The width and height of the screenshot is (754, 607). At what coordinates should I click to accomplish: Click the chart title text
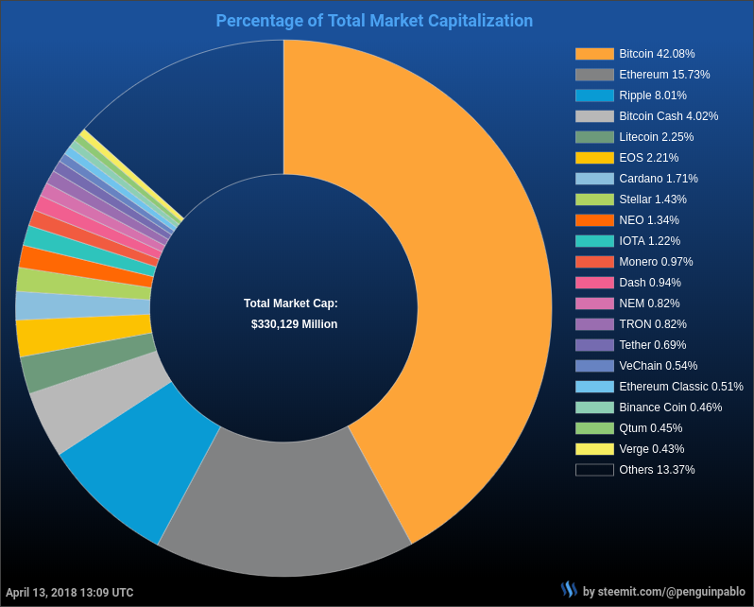pos(374,21)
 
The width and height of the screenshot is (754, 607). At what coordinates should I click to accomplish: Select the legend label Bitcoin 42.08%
pos(657,54)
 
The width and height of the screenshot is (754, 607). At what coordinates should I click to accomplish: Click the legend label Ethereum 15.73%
pos(664,75)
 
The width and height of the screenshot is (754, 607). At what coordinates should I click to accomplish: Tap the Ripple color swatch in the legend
pos(594,95)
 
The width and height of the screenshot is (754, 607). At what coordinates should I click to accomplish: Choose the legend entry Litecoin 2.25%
pos(658,137)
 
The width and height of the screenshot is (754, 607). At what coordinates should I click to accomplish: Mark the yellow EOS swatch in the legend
pos(594,158)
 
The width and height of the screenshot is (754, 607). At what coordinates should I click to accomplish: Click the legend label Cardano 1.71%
pos(658,179)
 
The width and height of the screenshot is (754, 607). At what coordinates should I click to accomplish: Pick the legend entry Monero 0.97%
pos(656,262)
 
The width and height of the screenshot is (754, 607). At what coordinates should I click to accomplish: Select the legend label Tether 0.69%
pos(652,345)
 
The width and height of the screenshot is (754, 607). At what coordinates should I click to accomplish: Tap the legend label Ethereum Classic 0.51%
pos(680,387)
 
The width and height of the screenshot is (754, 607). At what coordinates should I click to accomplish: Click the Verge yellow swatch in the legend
pos(594,449)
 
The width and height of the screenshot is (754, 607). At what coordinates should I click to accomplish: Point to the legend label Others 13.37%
pos(657,470)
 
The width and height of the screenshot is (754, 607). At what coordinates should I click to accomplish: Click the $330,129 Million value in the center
pos(294,324)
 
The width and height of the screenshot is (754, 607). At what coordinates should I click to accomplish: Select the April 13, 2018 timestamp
pos(70,593)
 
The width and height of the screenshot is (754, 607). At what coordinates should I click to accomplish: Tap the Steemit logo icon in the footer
pos(569,590)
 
